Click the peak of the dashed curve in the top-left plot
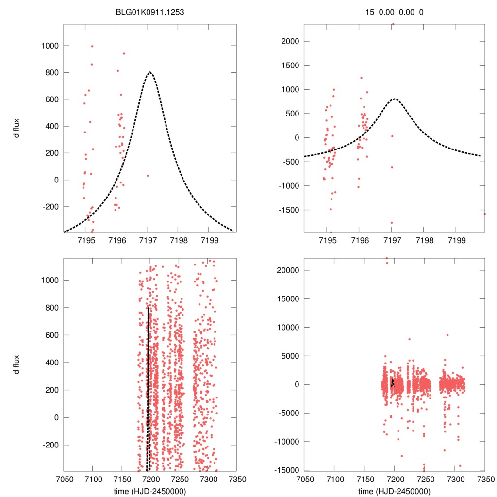coord(150,72)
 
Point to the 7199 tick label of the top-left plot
coord(209,240)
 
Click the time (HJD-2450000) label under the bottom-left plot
coord(149,491)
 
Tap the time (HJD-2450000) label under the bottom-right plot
coord(394,491)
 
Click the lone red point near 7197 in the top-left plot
coord(148,176)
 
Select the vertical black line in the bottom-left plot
coord(148,388)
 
